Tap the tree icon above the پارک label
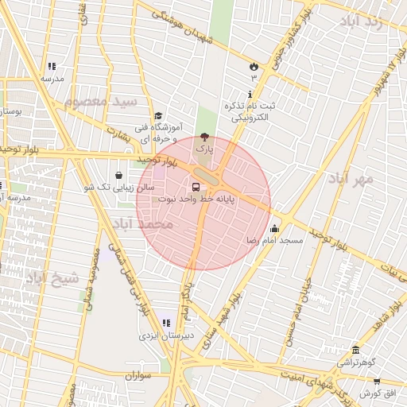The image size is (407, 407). click(x=205, y=136)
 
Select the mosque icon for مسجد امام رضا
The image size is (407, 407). click(x=274, y=227)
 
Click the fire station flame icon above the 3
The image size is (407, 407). click(x=254, y=66)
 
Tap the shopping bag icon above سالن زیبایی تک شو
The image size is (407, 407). click(x=118, y=175)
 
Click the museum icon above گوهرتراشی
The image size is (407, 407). click(x=355, y=350)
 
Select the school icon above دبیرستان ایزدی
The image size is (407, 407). click(x=166, y=323)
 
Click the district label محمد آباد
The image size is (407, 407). click(x=144, y=224)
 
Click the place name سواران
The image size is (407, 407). click(x=138, y=374)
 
